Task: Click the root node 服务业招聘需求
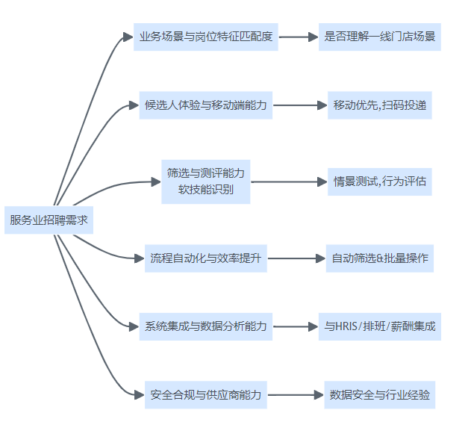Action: [49, 220]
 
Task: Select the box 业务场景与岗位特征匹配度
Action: [205, 36]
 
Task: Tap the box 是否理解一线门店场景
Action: [379, 36]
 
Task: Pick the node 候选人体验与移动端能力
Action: [205, 105]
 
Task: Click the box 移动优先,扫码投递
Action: [379, 105]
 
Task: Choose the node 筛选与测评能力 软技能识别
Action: [205, 181]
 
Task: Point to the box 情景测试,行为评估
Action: [379, 181]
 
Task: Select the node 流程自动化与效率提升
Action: [205, 258]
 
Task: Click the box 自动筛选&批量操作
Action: [379, 258]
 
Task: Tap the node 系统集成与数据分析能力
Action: [205, 326]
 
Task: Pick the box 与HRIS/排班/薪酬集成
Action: [379, 326]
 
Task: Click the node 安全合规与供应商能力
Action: [205, 394]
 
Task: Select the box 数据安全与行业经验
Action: [379, 394]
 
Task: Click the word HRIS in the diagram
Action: [349, 326]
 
